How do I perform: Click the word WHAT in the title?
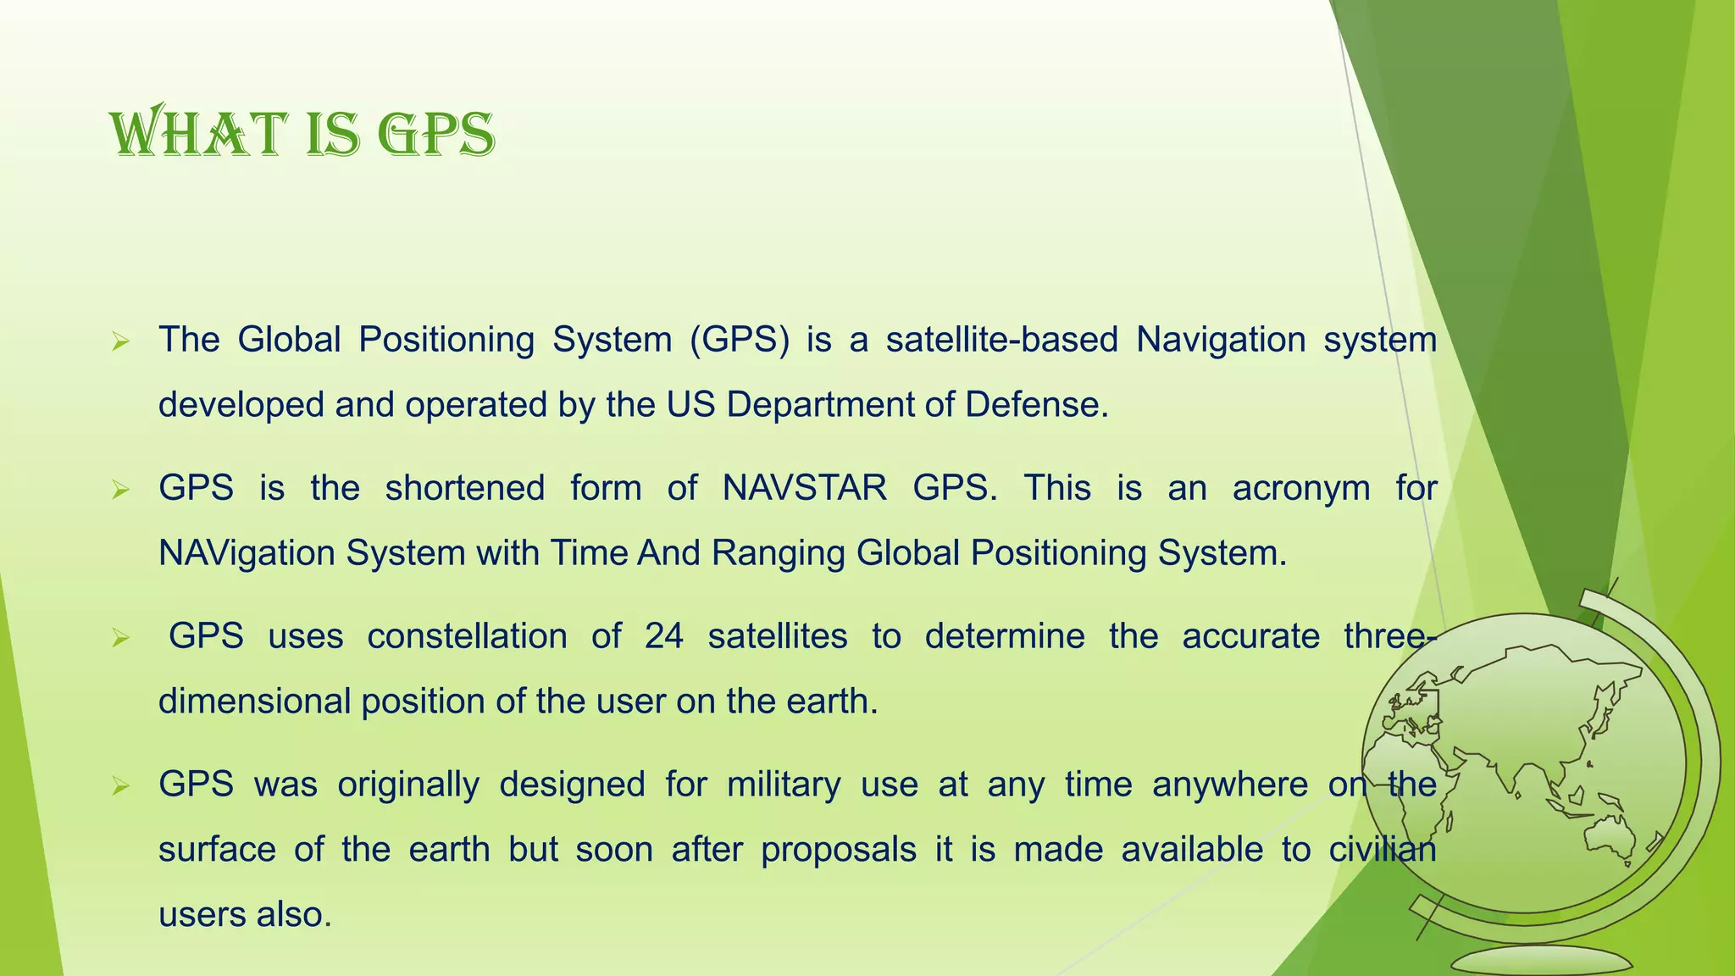point(197,136)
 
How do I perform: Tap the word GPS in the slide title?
point(435,136)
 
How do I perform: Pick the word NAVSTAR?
point(804,488)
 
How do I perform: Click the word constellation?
point(467,636)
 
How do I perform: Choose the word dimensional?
point(254,701)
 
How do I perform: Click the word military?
point(784,785)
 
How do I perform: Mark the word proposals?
point(838,850)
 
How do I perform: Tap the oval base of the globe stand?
point(1541,961)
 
